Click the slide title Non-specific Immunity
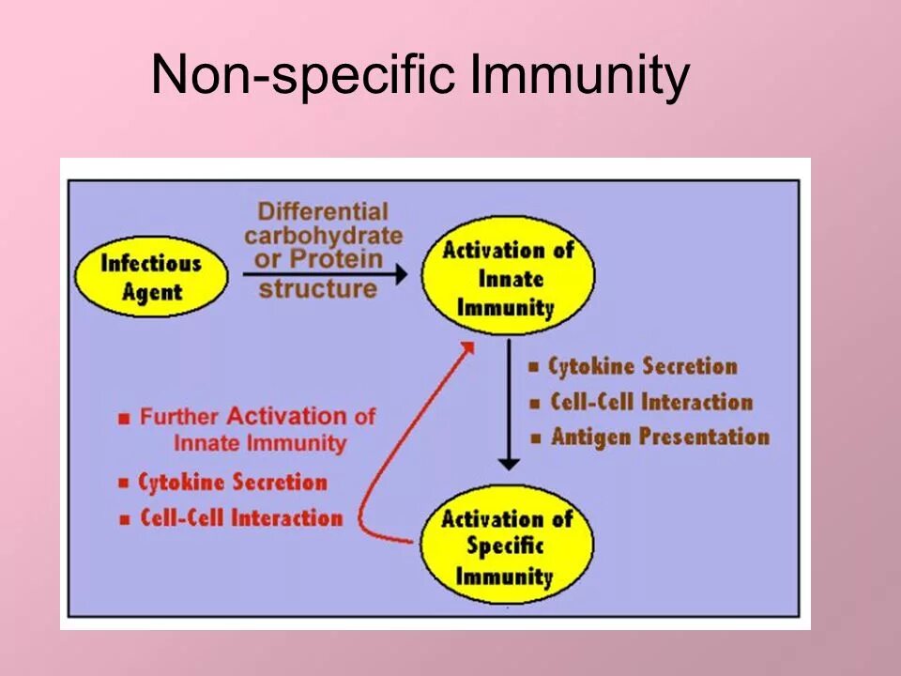[x=420, y=75]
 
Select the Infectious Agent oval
[x=151, y=276]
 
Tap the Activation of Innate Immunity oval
[x=508, y=278]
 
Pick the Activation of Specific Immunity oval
[x=507, y=547]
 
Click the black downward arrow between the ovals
[x=508, y=404]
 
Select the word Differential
[x=323, y=212]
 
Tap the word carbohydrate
[x=323, y=235]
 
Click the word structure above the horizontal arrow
[x=318, y=288]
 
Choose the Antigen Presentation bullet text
[x=660, y=437]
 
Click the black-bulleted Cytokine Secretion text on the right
[x=643, y=366]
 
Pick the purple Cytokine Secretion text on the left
[x=233, y=483]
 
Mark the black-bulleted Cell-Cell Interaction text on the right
[x=651, y=402]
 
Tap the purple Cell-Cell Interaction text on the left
[x=241, y=517]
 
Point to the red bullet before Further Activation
[x=125, y=419]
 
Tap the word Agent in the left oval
[x=150, y=291]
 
